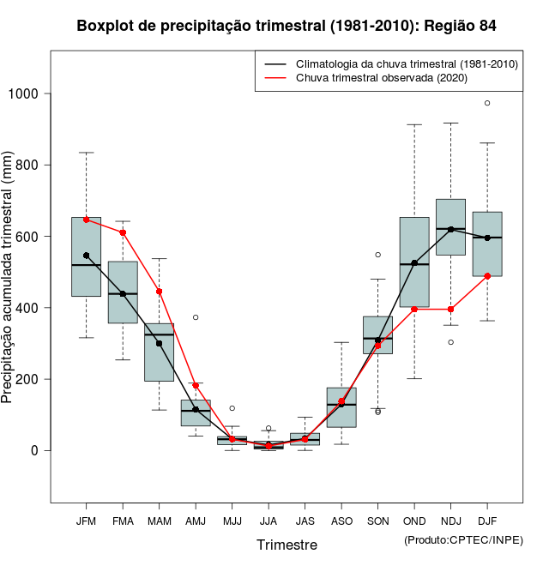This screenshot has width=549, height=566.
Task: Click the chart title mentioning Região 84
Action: [287, 26]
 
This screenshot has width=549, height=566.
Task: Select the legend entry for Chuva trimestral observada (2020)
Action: [381, 78]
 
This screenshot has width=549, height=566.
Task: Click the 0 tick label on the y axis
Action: [35, 450]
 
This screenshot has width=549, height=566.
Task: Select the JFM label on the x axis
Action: [87, 521]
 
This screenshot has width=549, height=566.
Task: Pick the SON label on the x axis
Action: [377, 521]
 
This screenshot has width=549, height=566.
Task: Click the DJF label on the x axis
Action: [487, 521]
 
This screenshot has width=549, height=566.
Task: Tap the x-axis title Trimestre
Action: [287, 545]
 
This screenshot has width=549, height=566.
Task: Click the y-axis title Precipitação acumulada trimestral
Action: [9, 279]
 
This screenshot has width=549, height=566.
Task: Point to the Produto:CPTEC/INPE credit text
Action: [463, 539]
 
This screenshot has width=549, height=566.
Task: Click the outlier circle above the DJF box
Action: [487, 103]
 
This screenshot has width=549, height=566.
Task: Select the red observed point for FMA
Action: [123, 232]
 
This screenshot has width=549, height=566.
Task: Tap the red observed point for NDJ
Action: [450, 310]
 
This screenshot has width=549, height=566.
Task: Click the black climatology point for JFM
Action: [87, 256]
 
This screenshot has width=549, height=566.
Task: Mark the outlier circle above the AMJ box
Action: [196, 317]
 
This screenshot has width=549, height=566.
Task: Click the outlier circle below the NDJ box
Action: [450, 342]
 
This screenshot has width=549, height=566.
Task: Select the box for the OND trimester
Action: [414, 262]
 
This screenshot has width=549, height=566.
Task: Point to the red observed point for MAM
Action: [160, 292]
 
